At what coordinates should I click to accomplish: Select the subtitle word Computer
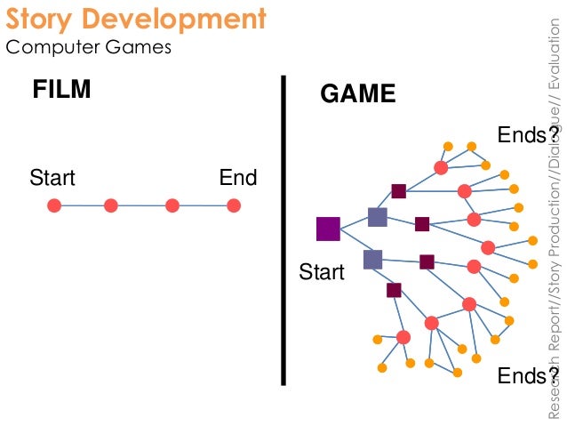pos(52,47)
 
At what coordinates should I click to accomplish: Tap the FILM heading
pos(61,90)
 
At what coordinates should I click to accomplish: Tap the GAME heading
pos(357,94)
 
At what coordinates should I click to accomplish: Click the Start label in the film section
pos(52,178)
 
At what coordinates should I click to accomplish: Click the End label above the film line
pos(238,178)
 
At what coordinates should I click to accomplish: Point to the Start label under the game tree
pos(322,271)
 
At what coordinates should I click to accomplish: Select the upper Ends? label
pos(527,135)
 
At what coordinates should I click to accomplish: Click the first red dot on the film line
pos(54,205)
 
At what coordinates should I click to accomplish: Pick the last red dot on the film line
pos(234,205)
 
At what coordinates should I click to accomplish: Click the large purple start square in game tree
pos(328,229)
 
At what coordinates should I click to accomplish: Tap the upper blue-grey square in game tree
pos(378,217)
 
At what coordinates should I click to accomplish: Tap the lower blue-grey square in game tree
pos(372,259)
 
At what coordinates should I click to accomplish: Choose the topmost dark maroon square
pos(399,190)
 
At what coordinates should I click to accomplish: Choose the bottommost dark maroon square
pos(394,290)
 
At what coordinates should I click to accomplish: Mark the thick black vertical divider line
pos(283,231)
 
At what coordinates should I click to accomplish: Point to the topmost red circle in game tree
pos(441,167)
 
